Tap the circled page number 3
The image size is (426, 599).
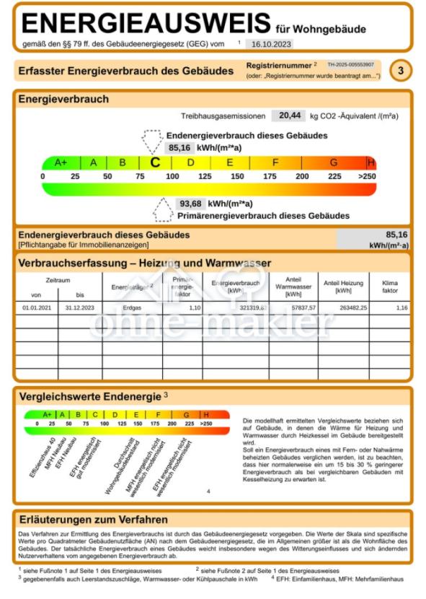(400, 71)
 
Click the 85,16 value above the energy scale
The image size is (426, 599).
(179, 148)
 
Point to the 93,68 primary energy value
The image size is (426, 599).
(190, 204)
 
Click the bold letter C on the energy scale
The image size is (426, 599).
(154, 163)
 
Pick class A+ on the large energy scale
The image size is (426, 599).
(61, 163)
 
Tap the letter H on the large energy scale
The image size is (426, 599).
(371, 163)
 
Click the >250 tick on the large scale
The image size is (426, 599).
(367, 177)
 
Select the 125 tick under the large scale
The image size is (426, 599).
(205, 177)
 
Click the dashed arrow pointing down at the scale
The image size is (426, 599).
(152, 139)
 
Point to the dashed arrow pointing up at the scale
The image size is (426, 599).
(164, 211)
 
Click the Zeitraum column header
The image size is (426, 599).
(58, 279)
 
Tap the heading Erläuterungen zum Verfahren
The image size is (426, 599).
(93, 520)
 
